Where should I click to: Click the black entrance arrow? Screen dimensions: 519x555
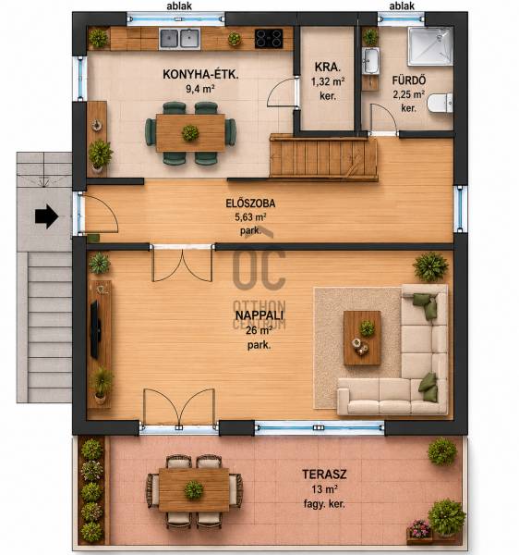coord(46,216)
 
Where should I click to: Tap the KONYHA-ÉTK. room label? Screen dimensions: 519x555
coord(200,74)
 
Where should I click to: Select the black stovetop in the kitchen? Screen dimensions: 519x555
coord(269,38)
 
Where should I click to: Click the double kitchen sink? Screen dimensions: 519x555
coord(180,39)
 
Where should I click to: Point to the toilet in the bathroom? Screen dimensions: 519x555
coord(440,103)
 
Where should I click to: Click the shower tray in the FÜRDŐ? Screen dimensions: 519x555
coord(430,46)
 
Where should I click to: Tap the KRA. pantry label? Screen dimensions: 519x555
coord(328,67)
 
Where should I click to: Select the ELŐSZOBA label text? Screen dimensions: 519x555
coord(250,203)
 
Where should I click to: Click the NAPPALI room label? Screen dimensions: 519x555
coord(259,315)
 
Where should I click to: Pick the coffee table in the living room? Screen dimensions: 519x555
coord(362,338)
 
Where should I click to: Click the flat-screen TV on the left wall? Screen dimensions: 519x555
coord(95,329)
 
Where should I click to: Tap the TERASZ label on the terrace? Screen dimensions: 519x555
coord(324,475)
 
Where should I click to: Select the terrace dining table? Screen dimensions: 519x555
coord(194,490)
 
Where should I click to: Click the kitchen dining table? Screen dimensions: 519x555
coord(190,132)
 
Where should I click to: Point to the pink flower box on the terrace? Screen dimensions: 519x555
coord(419,532)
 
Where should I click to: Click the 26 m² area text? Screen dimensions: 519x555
coord(259,330)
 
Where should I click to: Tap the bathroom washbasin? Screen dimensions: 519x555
coord(370,61)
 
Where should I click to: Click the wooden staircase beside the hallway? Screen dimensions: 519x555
coord(323,157)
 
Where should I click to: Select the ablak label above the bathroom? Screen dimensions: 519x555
coord(402,6)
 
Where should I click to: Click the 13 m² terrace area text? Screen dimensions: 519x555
coord(324,489)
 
